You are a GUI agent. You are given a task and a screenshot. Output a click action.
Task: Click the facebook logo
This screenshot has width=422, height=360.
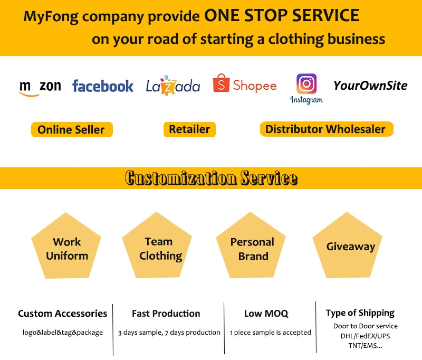pyautogui.click(x=103, y=86)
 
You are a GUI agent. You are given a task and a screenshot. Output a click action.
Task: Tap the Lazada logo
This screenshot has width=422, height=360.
pyautogui.click(x=173, y=86)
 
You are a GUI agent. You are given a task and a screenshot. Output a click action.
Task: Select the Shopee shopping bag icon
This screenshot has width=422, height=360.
pyautogui.click(x=220, y=83)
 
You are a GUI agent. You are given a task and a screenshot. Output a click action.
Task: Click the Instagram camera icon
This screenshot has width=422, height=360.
pyautogui.click(x=306, y=83)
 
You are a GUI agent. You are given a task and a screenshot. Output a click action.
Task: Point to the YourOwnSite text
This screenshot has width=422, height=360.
pyautogui.click(x=370, y=85)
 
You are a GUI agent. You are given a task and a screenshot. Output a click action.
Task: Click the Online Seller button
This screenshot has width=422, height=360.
pyautogui.click(x=71, y=130)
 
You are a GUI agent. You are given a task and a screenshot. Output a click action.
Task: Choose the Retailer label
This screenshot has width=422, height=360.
pyautogui.click(x=189, y=129)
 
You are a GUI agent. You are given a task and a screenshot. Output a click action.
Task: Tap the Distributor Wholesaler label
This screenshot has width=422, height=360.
pyautogui.click(x=325, y=129)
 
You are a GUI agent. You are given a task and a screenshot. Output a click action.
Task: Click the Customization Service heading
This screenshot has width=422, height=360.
pyautogui.click(x=211, y=178)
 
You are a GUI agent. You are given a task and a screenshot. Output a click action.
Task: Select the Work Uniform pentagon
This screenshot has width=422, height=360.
pyautogui.click(x=66, y=248)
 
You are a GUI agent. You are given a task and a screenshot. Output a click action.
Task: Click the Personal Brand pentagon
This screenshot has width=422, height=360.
pyautogui.click(x=253, y=248)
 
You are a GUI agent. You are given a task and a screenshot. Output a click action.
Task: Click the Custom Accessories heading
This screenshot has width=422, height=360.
pyautogui.click(x=62, y=314)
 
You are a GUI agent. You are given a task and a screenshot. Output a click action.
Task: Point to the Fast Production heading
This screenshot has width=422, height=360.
pyautogui.click(x=166, y=314)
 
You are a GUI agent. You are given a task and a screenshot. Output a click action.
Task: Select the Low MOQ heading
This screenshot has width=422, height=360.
pyautogui.click(x=266, y=314)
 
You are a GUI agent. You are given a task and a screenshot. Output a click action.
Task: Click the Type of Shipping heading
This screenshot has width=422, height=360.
pyautogui.click(x=360, y=313)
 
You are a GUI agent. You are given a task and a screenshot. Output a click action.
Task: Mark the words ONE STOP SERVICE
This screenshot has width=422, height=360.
pyautogui.click(x=282, y=15)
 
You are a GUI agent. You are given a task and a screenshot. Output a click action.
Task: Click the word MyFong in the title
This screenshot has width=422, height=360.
pyautogui.click(x=50, y=16)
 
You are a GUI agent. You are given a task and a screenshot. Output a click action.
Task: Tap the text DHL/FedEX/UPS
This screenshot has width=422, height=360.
pyautogui.click(x=365, y=336)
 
